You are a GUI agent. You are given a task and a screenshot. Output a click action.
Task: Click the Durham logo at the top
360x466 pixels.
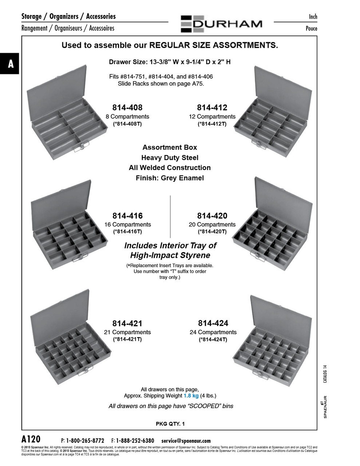(221, 24)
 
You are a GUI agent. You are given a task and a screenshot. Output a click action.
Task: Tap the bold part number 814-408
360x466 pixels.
(127, 107)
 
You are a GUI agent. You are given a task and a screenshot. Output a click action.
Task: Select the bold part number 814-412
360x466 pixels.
(212, 107)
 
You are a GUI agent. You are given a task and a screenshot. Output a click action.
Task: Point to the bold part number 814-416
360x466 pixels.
(127, 216)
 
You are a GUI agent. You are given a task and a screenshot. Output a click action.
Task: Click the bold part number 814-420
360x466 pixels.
(212, 216)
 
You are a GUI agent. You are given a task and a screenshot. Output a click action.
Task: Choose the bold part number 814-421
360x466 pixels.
(127, 323)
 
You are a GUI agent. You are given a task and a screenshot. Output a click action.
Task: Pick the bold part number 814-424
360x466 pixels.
(213, 323)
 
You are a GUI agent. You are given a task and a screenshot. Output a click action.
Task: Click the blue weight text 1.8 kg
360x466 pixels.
(191, 396)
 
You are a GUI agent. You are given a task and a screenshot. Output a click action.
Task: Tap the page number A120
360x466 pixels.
(31, 439)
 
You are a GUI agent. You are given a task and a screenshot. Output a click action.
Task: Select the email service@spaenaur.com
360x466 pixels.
(186, 441)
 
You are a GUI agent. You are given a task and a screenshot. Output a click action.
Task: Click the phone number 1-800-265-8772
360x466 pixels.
(85, 441)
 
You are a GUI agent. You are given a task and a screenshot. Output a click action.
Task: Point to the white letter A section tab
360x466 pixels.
(11, 64)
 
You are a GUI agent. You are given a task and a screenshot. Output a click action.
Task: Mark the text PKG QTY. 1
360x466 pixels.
(170, 424)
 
